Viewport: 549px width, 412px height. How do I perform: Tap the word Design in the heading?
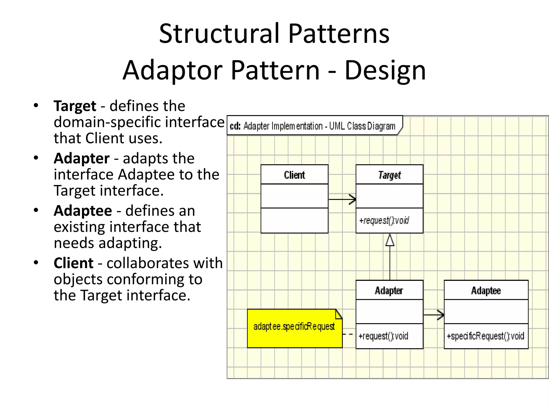[x=385, y=70]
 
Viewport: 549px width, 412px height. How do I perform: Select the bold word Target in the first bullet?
[x=75, y=106]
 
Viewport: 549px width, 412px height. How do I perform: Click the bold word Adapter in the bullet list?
[x=81, y=158]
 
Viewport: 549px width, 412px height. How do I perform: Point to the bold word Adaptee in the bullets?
[x=83, y=211]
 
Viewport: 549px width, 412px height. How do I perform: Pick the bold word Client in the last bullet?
[x=73, y=263]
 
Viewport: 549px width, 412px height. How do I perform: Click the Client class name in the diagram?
[x=294, y=175]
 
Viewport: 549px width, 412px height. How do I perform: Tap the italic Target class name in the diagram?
[x=390, y=175]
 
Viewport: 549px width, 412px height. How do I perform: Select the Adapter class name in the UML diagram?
[x=389, y=290]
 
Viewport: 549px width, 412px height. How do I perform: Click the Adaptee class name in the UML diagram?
[x=486, y=290]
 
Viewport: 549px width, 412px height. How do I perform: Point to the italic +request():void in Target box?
[x=384, y=220]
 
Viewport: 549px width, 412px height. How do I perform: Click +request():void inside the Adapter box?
[x=383, y=336]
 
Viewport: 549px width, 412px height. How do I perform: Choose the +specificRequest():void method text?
[x=485, y=336]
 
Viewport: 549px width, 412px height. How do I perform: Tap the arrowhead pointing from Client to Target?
[x=353, y=199]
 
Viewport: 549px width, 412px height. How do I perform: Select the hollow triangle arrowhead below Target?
[x=390, y=240]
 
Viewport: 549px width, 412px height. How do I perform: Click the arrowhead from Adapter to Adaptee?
[x=440, y=315]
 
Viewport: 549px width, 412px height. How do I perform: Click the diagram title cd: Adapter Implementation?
[x=313, y=126]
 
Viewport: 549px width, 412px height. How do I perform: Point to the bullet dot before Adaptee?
[x=36, y=210]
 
